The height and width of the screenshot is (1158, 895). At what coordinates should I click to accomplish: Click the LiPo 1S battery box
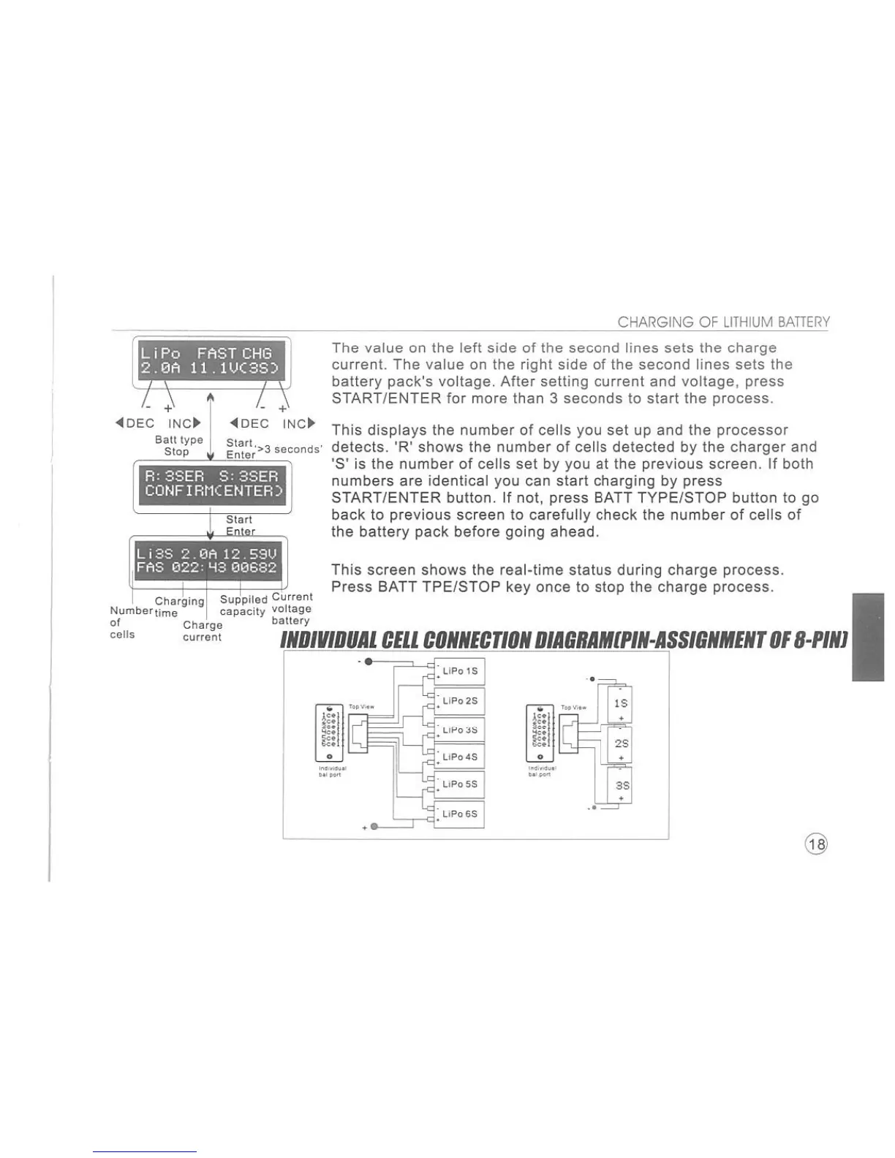pos(461,670)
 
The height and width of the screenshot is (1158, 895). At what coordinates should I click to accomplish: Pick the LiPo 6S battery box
pos(461,814)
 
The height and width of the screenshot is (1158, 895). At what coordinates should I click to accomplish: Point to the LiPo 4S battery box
pos(461,757)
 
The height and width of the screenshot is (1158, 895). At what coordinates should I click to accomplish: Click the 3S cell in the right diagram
pos(620,785)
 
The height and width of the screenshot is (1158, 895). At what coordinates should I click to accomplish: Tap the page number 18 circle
pos(817,844)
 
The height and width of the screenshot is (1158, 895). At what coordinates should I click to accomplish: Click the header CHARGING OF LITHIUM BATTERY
pos(723,322)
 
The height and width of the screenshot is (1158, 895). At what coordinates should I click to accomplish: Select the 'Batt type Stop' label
pos(178,445)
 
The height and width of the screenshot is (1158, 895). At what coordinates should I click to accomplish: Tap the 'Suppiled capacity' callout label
pos(243,605)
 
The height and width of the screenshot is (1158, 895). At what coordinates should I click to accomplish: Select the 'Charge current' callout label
pos(203,631)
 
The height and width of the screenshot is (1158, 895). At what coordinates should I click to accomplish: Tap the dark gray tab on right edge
pos(868,637)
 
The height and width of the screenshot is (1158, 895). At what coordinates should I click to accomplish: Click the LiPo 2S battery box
pos(461,700)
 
